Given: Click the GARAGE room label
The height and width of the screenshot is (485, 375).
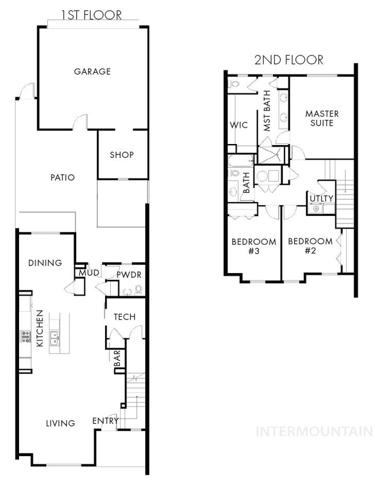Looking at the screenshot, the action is pos(92,71).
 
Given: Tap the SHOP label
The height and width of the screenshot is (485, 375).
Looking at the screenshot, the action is pos(122,154).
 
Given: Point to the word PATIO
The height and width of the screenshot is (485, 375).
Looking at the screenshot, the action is pos(63,177).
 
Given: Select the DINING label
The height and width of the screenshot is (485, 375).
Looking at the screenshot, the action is pos(45,263).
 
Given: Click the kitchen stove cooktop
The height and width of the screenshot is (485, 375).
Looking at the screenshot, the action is pos(25,336).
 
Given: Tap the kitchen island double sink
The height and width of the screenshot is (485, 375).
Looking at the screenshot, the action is pos(55,338).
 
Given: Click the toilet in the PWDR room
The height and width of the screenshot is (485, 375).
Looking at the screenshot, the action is pos(138,290).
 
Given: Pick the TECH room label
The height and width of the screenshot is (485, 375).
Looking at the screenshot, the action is pos(125,317).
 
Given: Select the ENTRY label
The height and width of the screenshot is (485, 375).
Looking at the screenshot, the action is pos(106,420).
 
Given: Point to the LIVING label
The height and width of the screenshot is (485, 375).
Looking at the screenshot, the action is pos(61,423).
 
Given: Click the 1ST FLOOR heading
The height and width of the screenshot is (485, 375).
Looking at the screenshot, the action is pos(91,15).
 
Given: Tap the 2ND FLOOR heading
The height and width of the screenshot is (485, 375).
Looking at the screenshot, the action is pos(289,60).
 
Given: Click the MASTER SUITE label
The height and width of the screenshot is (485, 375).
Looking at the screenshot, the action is pos(322,118).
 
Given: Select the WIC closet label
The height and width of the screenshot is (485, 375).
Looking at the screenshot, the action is pos(239,125).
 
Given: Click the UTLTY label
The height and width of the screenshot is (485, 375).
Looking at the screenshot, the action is pos(321,199).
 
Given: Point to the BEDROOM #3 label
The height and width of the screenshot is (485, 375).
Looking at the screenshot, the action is pos(254,246).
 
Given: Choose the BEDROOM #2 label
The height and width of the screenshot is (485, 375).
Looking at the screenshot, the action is pos(310,246).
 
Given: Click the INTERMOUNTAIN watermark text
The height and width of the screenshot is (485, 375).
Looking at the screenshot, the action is pos(314,431).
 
